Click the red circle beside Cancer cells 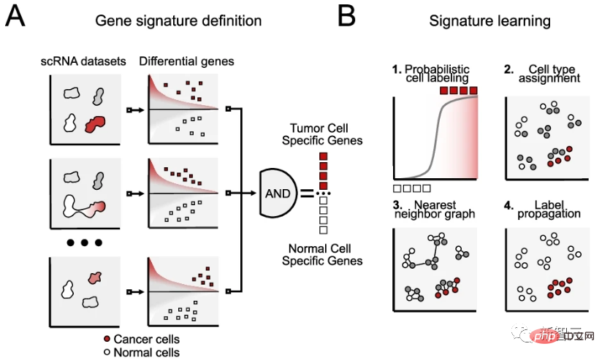107,339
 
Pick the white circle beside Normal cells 107,352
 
